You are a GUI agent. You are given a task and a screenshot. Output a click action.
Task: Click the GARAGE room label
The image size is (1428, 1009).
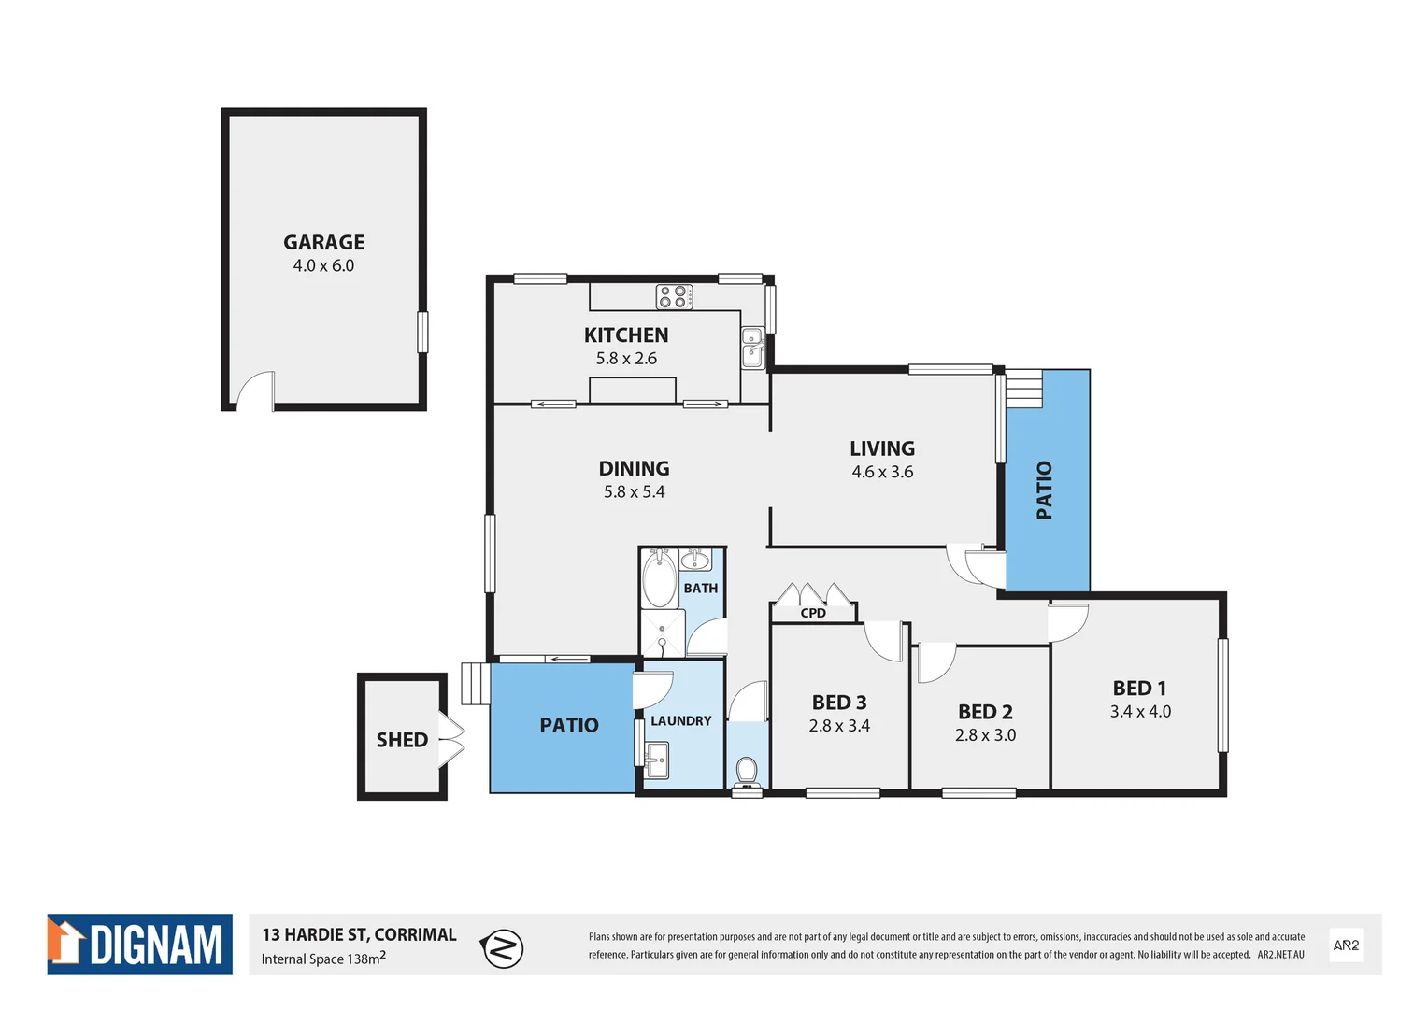(x=323, y=242)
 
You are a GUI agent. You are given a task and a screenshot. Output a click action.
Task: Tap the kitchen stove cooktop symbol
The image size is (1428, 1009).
(x=674, y=296)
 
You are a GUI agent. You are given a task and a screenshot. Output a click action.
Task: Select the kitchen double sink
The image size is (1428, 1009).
(x=752, y=348)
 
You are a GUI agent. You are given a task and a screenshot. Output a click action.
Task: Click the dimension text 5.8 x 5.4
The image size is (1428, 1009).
(x=634, y=492)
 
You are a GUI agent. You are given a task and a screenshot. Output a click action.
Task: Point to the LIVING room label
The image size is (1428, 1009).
(x=881, y=448)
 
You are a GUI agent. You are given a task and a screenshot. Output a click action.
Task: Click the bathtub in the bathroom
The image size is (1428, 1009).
(x=660, y=578)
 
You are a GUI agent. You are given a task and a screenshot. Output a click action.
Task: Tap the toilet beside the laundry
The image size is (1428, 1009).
(x=746, y=772)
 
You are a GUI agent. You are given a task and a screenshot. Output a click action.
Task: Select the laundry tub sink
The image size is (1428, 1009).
(x=657, y=760)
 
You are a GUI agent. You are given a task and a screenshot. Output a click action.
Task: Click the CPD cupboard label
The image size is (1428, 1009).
(x=813, y=613)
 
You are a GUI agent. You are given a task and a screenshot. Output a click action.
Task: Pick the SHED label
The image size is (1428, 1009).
(x=402, y=740)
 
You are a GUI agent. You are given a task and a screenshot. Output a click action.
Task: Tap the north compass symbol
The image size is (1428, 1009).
(x=503, y=949)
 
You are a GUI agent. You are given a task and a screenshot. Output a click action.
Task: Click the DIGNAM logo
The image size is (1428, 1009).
(x=140, y=945)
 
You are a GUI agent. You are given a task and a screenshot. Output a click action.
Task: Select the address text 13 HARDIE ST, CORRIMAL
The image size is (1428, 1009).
(x=359, y=934)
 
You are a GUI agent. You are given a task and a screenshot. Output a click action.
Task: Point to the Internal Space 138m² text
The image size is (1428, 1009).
(x=323, y=959)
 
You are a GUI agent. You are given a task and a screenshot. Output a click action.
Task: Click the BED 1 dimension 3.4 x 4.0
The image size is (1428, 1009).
(x=1140, y=712)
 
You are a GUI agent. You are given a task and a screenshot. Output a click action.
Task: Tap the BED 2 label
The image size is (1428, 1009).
(x=985, y=712)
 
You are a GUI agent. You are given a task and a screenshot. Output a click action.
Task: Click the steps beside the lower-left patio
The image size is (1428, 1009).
(x=475, y=684)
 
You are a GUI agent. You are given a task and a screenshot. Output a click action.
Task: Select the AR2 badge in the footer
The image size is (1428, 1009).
(x=1346, y=945)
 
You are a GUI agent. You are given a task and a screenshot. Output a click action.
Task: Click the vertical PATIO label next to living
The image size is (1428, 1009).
(x=1044, y=490)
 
